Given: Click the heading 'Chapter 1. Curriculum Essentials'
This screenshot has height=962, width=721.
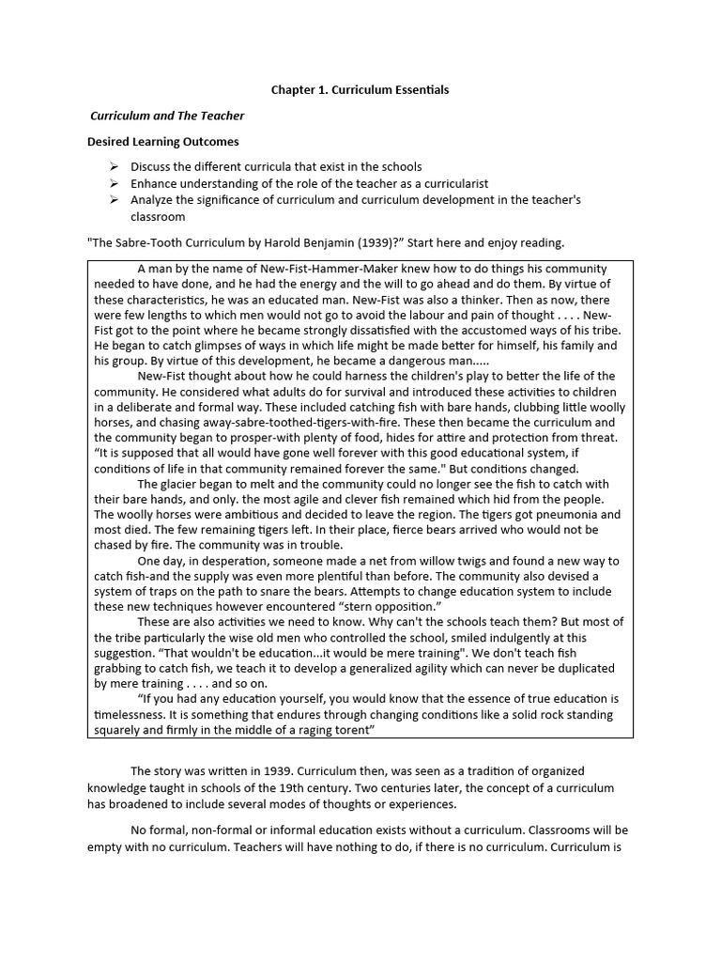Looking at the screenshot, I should (x=360, y=90).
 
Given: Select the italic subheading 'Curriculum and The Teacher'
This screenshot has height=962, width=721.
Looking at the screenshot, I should (x=166, y=116).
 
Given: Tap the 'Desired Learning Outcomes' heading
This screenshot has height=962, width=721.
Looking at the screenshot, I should (x=163, y=142).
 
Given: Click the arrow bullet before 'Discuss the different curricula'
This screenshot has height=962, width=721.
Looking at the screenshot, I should (x=114, y=167).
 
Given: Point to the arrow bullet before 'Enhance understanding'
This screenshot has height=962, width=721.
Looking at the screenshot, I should (x=114, y=184).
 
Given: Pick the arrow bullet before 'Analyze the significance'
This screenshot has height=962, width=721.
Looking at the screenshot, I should (x=114, y=201).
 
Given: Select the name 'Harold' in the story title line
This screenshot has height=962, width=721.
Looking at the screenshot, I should (x=275, y=241).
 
